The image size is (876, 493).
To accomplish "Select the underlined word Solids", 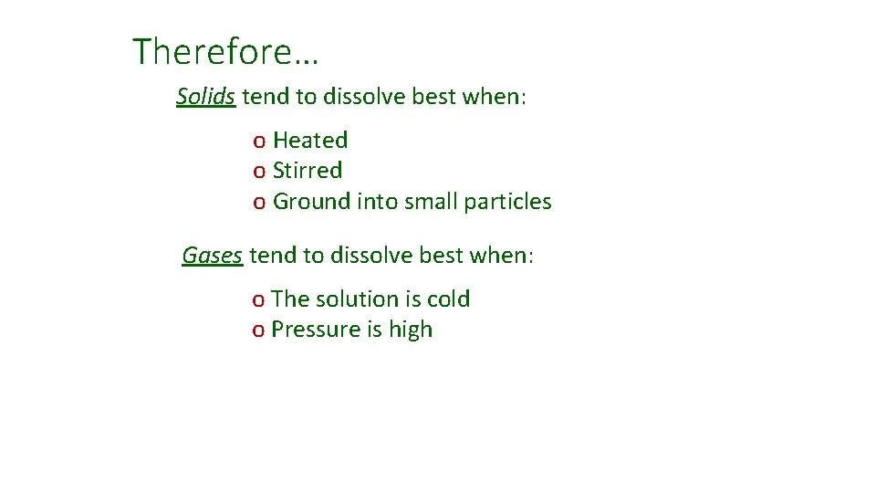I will click(x=206, y=97).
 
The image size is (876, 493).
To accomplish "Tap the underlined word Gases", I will click(x=212, y=256).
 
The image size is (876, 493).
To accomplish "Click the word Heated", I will click(x=310, y=141).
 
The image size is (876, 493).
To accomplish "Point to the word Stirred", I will click(x=308, y=171).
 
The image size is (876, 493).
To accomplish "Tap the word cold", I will click(x=448, y=299).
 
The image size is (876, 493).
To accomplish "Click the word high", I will click(x=410, y=330).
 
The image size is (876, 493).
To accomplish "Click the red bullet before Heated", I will click(x=259, y=142).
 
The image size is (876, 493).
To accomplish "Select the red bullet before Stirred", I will click(x=259, y=172).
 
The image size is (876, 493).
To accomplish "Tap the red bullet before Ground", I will click(x=259, y=203).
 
